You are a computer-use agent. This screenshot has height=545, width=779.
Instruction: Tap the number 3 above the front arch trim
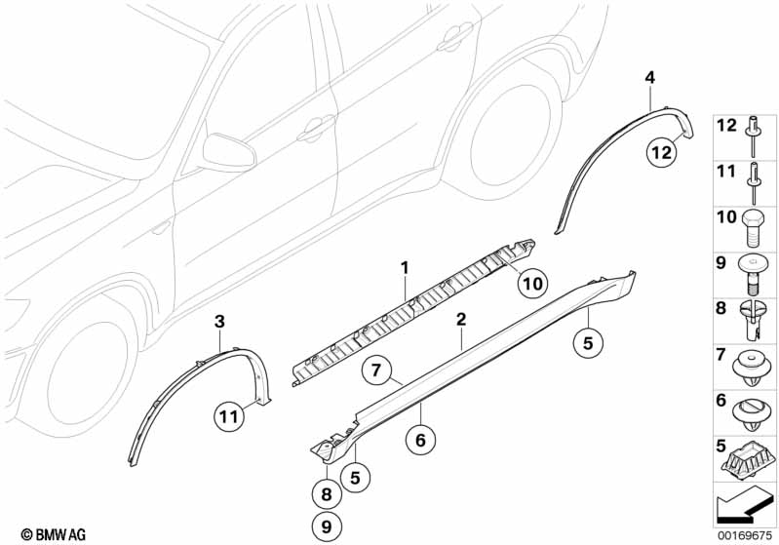coord(219,321)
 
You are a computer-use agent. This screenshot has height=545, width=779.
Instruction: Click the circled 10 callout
coord(530,284)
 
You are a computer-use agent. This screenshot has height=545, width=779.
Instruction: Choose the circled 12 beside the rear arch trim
coord(662,151)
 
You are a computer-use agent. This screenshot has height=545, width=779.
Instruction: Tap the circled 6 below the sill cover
coord(420,441)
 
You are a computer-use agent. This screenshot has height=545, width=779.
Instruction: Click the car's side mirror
coord(227,153)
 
